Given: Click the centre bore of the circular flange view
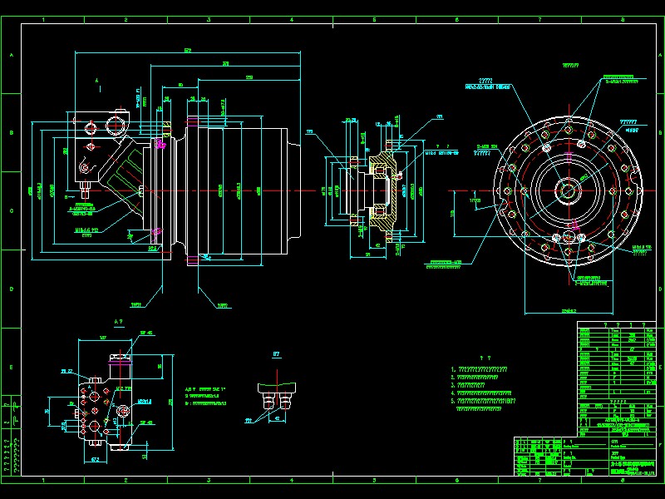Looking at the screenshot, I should click(569, 190).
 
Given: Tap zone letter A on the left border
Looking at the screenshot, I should click(11, 56).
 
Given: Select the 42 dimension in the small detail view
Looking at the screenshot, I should click(276, 418).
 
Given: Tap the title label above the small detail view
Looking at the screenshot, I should click(276, 354).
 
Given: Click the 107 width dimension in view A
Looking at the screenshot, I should click(103, 338).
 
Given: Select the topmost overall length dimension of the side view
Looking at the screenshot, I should click(187, 51).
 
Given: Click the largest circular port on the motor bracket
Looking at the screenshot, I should click(114, 126).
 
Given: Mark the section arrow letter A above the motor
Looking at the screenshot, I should click(97, 79).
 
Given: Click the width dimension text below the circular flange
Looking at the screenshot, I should click(569, 310).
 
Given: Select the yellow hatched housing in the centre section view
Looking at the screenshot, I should click(384, 158).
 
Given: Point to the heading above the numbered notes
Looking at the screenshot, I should click(495, 353).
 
